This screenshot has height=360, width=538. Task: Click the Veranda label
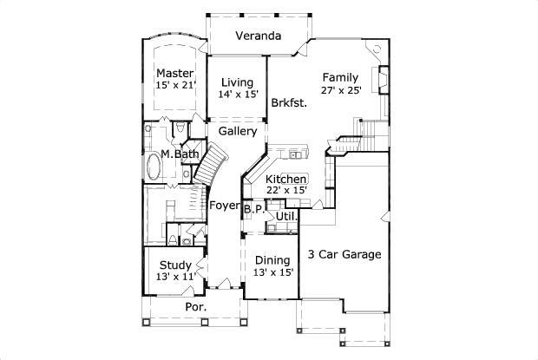click(x=259, y=36)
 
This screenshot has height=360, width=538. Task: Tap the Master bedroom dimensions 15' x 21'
click(x=175, y=85)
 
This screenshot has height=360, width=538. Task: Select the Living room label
click(x=238, y=82)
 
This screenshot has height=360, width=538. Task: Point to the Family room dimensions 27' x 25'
click(x=341, y=90)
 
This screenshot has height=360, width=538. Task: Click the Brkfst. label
click(x=289, y=103)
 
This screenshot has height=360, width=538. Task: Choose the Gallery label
click(x=238, y=131)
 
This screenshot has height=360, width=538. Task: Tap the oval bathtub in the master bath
click(x=153, y=167)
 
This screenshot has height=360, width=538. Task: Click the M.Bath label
click(x=180, y=154)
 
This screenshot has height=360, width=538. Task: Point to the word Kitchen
click(x=285, y=179)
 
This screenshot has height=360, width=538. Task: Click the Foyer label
click(x=225, y=206)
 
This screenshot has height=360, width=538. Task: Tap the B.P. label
click(x=253, y=209)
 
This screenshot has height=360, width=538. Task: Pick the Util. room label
click(x=286, y=216)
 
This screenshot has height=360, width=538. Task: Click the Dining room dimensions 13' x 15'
click(x=273, y=272)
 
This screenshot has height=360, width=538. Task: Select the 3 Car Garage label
click(x=344, y=254)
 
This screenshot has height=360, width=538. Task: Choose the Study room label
click(x=175, y=265)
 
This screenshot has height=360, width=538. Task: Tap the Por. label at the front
click(x=196, y=307)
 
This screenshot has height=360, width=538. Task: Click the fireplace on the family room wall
click(x=384, y=80)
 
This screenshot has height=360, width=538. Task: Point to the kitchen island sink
click(x=295, y=155)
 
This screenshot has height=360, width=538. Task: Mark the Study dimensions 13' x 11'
click(x=176, y=277)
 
